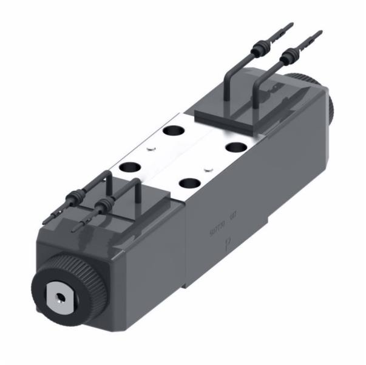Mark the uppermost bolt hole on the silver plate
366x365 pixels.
click(174, 130)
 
